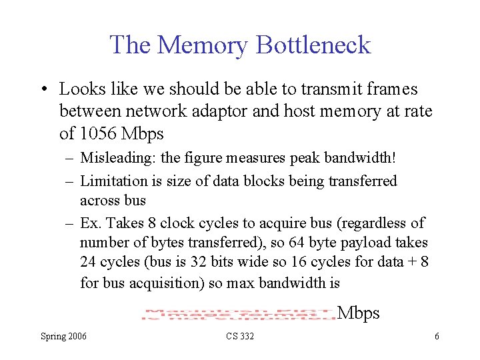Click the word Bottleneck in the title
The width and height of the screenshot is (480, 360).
point(313,45)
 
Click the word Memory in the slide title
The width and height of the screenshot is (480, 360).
point(203,45)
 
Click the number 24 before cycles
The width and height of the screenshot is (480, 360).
point(89,262)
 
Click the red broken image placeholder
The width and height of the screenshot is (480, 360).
point(238,314)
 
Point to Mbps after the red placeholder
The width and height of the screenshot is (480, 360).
point(359,313)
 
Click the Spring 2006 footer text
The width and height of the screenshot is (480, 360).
point(63,337)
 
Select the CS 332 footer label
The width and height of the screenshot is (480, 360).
point(239,337)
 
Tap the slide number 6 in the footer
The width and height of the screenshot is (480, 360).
point(437,337)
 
